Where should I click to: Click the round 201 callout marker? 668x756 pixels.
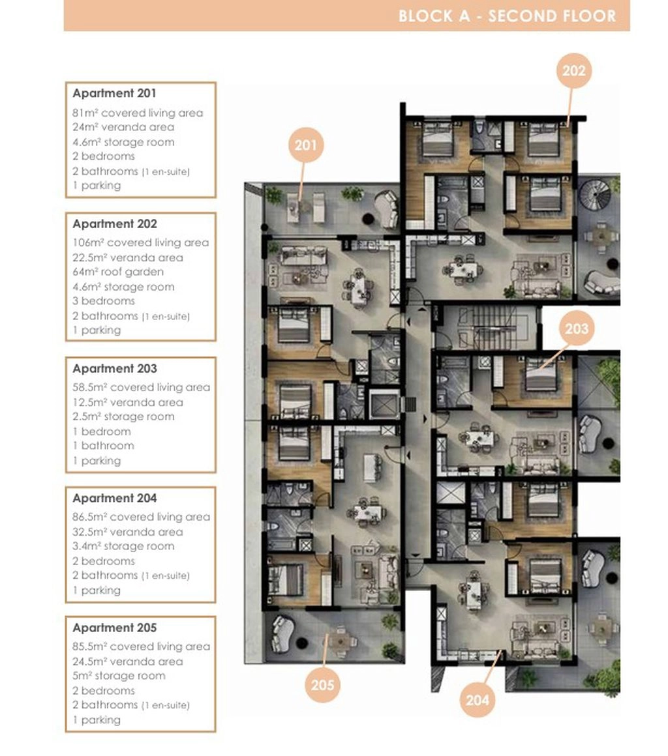click(305, 145)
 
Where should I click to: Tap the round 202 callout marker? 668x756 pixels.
click(574, 71)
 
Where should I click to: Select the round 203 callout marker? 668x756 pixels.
click(577, 329)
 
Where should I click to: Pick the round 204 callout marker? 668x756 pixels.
click(478, 699)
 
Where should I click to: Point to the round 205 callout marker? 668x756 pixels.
click(322, 685)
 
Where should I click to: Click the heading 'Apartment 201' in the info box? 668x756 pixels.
click(114, 93)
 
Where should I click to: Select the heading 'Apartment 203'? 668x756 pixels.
click(115, 368)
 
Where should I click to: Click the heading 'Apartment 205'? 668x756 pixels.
click(115, 628)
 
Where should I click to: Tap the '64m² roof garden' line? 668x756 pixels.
click(118, 272)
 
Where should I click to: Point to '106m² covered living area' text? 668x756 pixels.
click(141, 242)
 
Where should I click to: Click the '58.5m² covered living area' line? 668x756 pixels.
click(142, 387)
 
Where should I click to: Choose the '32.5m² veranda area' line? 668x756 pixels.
click(128, 532)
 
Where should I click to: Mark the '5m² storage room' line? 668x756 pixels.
click(119, 676)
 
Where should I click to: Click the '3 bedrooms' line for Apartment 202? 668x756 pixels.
click(104, 301)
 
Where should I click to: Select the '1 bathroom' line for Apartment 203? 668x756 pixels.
click(103, 446)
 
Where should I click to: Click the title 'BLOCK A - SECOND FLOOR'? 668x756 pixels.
click(508, 16)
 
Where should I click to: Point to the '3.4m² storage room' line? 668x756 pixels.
click(123, 546)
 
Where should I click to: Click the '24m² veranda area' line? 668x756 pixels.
click(123, 127)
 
